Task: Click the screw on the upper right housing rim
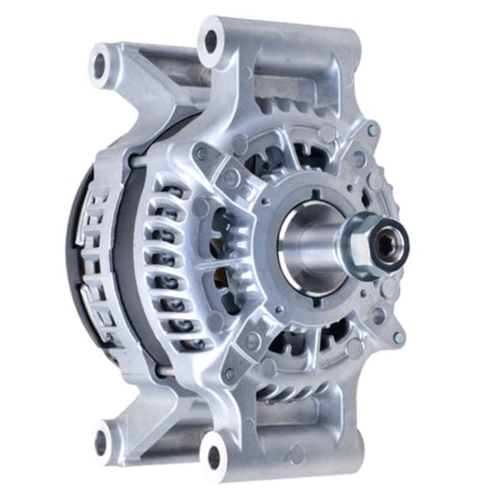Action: tap(372, 130)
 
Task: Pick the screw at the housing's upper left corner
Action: tap(199, 154)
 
